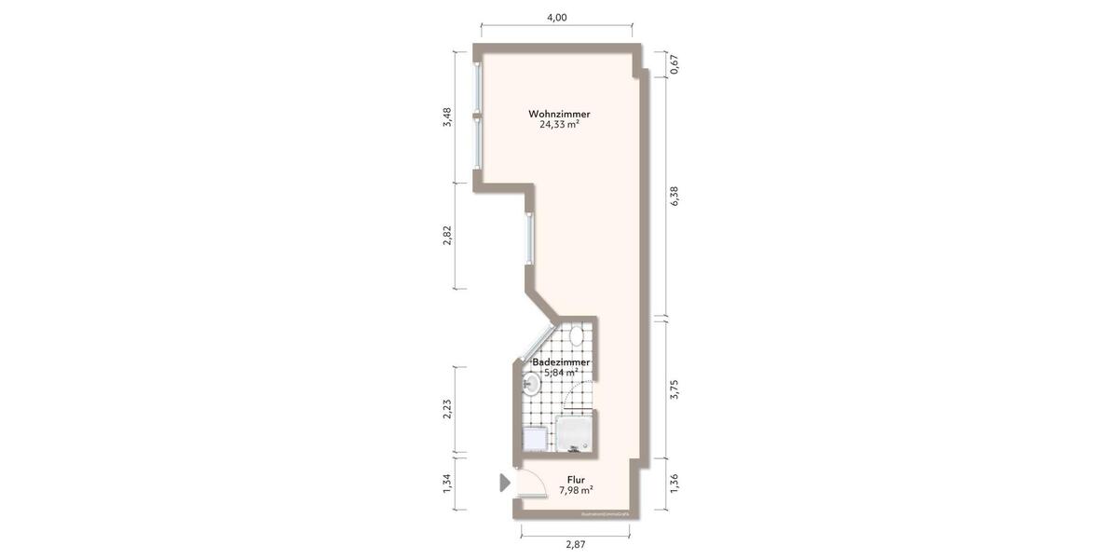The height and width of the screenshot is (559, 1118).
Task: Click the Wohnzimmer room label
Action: pos(559,114)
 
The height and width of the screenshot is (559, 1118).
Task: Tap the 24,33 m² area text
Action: pos(559,125)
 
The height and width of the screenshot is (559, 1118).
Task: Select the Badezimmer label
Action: pos(561,361)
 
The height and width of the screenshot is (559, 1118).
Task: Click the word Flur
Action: pos(576,480)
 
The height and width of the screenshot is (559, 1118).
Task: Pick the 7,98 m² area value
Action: pos(576,491)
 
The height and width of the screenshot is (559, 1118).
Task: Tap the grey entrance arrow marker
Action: pos(504,482)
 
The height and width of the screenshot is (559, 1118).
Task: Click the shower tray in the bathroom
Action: pos(574,434)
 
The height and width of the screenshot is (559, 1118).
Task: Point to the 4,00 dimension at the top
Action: pos(556,16)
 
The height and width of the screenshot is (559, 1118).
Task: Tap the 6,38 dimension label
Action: pos(675,197)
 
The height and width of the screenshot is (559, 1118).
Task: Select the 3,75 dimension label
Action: pos(675,389)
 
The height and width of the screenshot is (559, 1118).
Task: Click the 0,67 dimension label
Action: pos(675,64)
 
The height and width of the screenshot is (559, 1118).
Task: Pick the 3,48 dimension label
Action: pos(447,117)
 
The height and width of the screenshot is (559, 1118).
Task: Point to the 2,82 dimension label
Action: pos(447,237)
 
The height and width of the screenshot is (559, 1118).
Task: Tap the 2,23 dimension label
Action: pos(447,410)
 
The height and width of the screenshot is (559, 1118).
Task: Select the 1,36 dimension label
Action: pos(675,484)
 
